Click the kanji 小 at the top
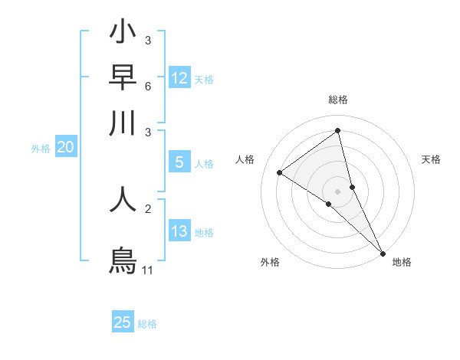[x=123, y=33]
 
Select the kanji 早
[x=123, y=77]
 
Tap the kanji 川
[x=123, y=123]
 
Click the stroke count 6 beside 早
[x=147, y=86]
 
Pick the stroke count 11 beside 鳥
[x=147, y=270]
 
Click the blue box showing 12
[x=179, y=78]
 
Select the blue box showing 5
[x=179, y=162]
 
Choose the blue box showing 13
[x=179, y=231]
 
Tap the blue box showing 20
[x=65, y=148]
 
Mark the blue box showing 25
[x=123, y=322]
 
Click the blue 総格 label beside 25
[x=147, y=324]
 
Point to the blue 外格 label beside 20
[x=40, y=149]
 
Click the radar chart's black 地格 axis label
[x=402, y=262]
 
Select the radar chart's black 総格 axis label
[x=338, y=100]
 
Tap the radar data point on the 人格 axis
[x=280, y=172]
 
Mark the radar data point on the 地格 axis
[x=383, y=253]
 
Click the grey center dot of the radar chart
[x=338, y=191]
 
